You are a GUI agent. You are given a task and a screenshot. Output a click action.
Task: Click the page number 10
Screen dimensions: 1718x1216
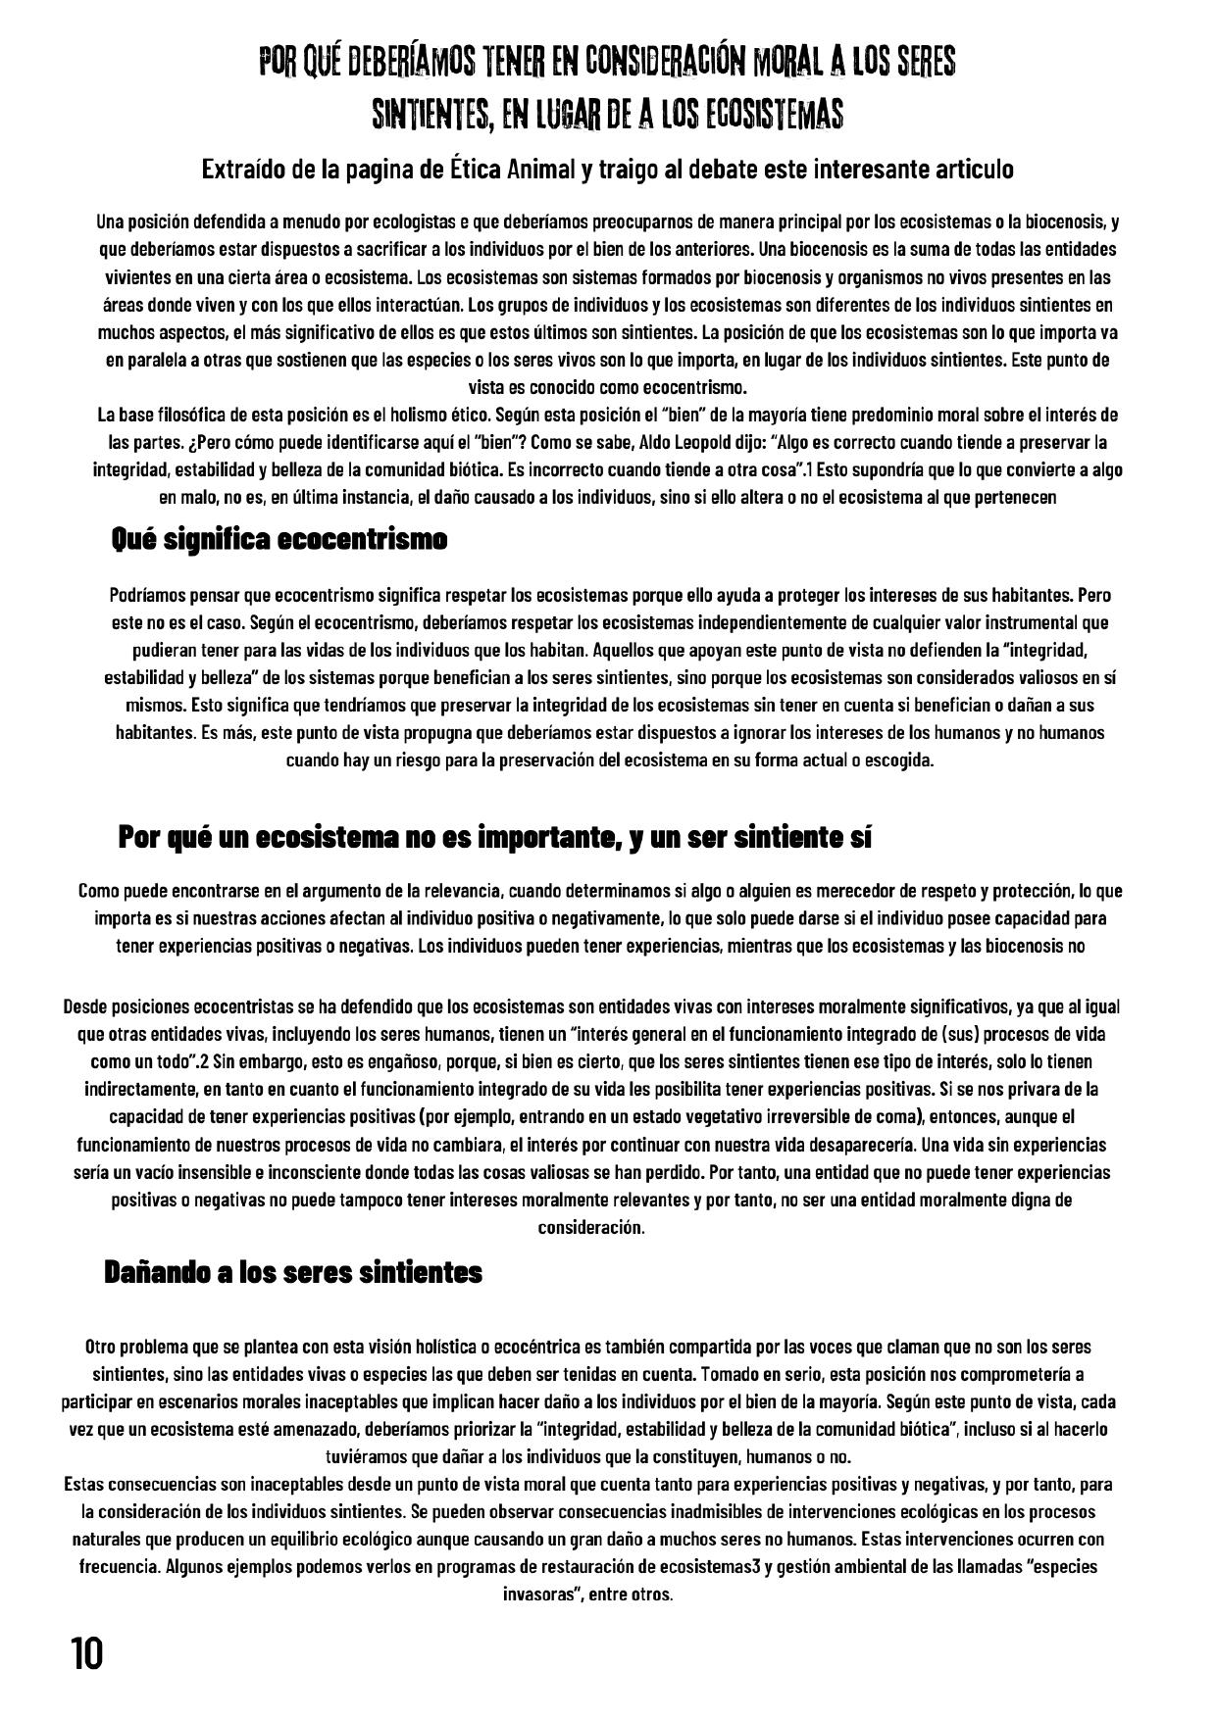pos(85,1654)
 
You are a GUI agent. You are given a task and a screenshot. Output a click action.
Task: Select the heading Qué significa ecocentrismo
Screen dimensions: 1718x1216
pos(279,539)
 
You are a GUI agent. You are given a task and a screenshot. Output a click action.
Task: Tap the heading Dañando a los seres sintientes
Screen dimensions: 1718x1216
pos(293,1272)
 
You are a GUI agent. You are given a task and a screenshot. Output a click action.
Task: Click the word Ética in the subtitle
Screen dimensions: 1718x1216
pos(475,170)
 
